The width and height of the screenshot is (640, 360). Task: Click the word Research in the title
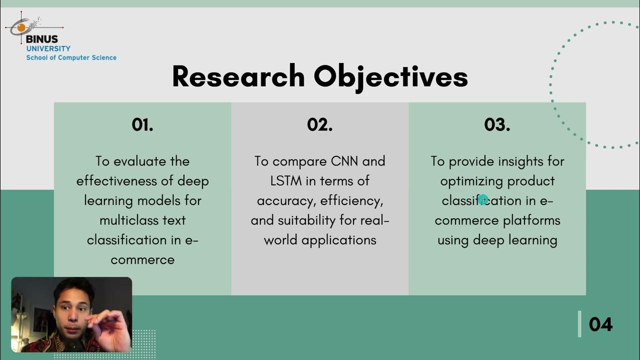(238, 77)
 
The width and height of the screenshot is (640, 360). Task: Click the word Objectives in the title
(390, 77)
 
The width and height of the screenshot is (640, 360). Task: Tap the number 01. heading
(142, 125)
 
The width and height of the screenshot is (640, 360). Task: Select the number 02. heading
(320, 125)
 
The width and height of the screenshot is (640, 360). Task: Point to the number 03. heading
(497, 125)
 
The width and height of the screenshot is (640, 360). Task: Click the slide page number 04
(600, 324)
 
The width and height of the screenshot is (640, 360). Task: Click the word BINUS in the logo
(42, 39)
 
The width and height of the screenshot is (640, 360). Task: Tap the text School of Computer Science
(71, 58)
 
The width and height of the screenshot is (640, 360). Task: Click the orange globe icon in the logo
(21, 27)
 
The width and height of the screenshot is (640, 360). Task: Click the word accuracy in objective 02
(286, 201)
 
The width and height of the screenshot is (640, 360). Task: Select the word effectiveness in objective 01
(117, 181)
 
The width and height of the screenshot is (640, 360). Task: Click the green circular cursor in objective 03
(483, 200)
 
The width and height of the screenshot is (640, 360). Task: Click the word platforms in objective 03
(531, 220)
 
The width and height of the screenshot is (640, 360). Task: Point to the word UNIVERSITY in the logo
(48, 48)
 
